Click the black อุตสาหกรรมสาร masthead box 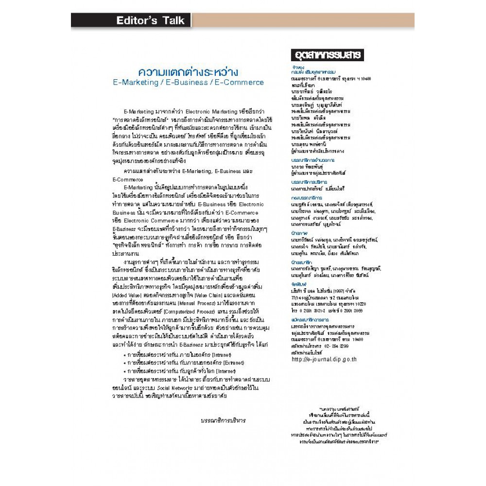[326, 55]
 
